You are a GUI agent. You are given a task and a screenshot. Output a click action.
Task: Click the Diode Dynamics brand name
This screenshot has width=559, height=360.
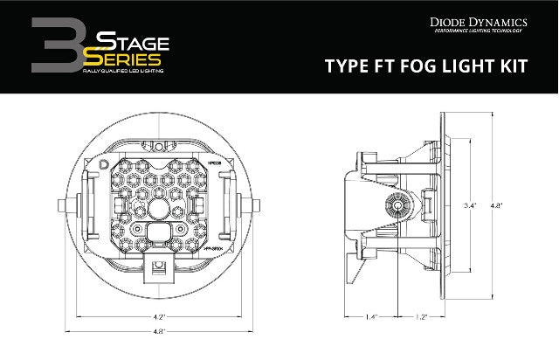coord(488,17)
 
